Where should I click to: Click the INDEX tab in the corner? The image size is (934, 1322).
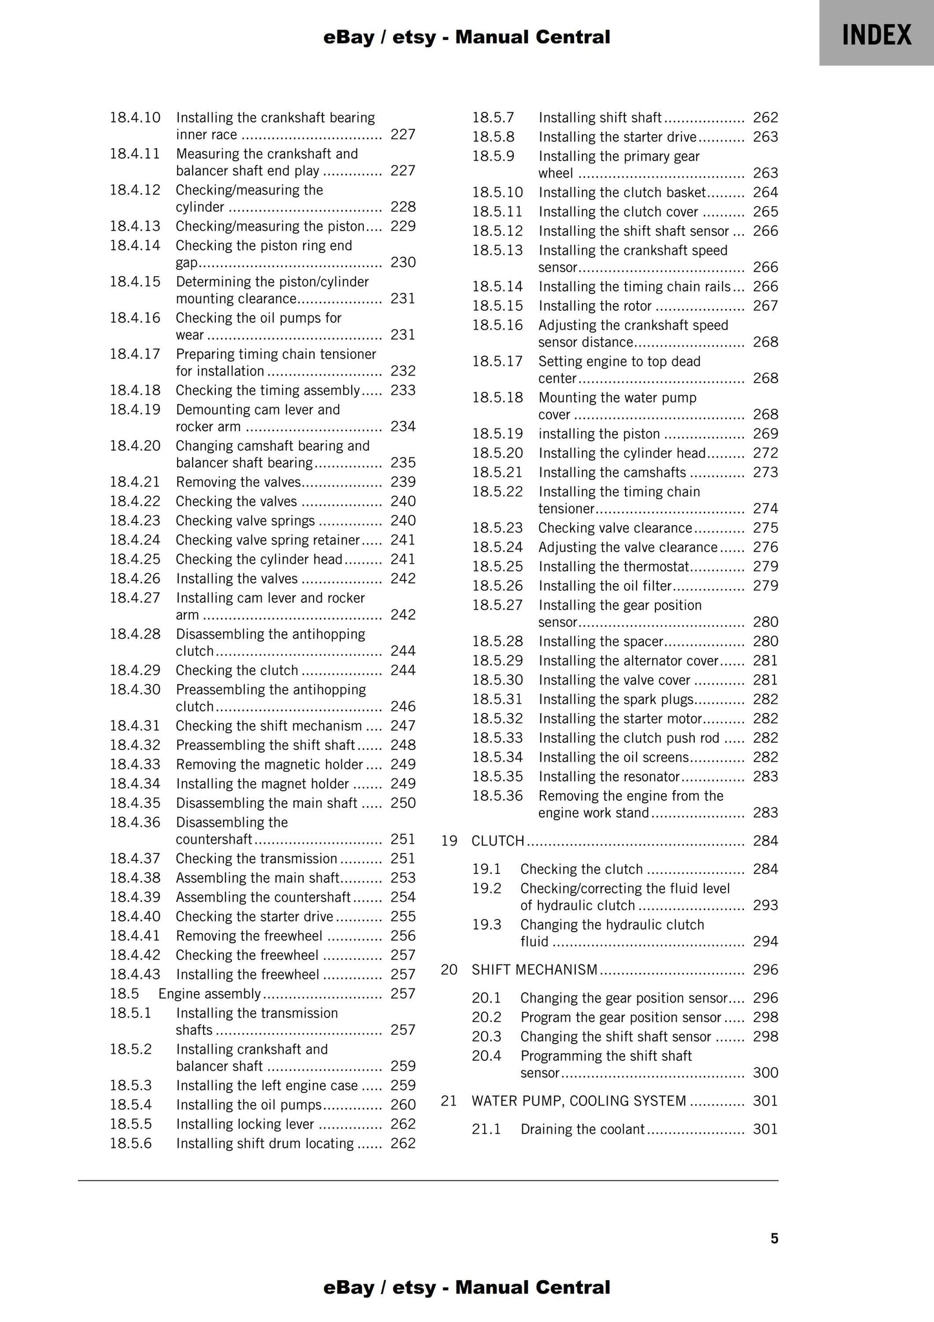[x=876, y=34]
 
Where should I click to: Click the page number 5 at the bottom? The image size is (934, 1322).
[x=774, y=1239]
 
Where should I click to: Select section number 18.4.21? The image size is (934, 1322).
[x=134, y=482]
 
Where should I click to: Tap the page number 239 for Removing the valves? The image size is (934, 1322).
[x=403, y=482]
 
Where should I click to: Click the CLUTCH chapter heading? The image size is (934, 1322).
[x=498, y=841]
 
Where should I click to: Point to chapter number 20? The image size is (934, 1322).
[x=449, y=970]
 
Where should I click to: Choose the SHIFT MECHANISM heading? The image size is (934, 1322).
[x=535, y=970]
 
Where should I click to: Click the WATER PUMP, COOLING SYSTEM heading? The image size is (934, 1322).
[x=578, y=1101]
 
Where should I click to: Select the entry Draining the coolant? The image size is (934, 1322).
[x=582, y=1129]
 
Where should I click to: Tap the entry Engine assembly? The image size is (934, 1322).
[x=209, y=994]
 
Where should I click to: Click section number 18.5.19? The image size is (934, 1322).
[x=497, y=434]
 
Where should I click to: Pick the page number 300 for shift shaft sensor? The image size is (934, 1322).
[x=765, y=1073]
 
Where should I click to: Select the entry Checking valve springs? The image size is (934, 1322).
[x=245, y=521]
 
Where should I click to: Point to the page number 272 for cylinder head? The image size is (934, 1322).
[x=765, y=453]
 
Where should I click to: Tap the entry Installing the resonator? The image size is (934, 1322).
[x=609, y=776]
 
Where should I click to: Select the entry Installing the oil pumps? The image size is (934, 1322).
[x=249, y=1105]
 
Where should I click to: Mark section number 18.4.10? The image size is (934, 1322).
[x=134, y=118]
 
